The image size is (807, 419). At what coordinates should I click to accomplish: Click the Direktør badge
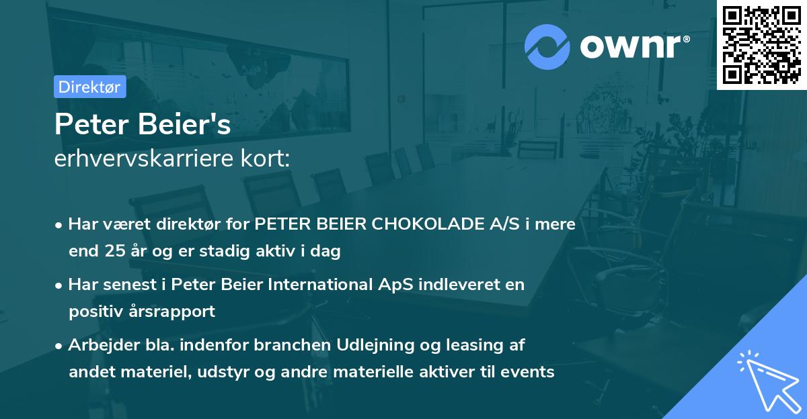pyautogui.click(x=89, y=87)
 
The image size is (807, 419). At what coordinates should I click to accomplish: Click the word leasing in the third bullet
pyautogui.click(x=471, y=345)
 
